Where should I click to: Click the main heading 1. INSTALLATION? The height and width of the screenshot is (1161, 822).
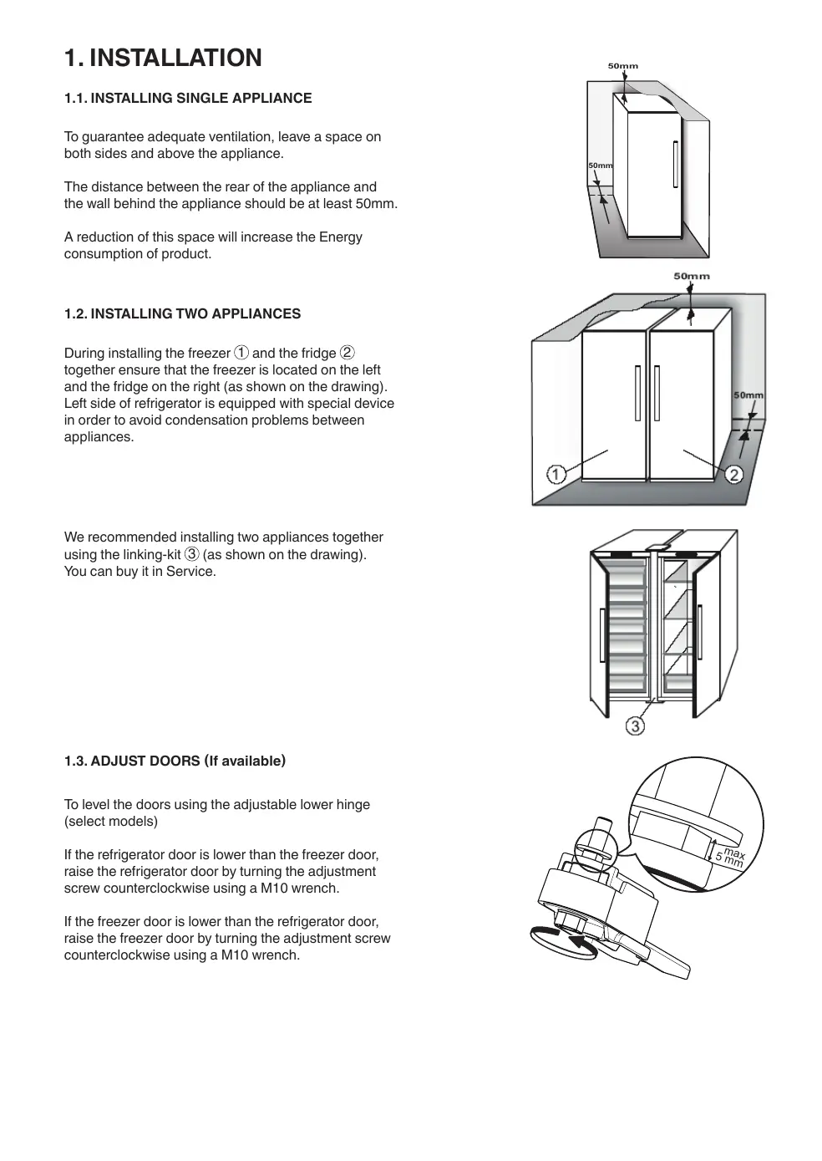163,58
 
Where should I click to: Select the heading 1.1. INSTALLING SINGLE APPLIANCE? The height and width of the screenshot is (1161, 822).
188,98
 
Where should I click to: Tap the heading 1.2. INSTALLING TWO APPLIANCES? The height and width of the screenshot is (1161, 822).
182,313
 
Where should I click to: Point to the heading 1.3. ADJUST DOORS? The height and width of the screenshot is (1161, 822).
175,761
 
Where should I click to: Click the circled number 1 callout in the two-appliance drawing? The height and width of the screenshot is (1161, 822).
556,475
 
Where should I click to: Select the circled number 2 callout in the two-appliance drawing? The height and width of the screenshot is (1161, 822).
733,475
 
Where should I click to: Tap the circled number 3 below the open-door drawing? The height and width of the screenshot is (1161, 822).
636,726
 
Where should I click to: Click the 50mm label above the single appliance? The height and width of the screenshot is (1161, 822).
622,65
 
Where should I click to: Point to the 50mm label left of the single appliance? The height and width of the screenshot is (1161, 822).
600,165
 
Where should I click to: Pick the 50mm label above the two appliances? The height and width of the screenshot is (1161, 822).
692,276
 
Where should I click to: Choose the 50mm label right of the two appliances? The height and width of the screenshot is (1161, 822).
748,395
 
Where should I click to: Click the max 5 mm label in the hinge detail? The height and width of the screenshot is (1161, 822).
731,857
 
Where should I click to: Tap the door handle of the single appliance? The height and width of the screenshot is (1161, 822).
674,164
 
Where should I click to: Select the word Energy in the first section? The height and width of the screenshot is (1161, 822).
341,237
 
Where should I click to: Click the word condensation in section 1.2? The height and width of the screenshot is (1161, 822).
253,420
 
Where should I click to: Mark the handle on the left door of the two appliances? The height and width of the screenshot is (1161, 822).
637,392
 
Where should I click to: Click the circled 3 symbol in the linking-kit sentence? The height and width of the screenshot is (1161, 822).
192,554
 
